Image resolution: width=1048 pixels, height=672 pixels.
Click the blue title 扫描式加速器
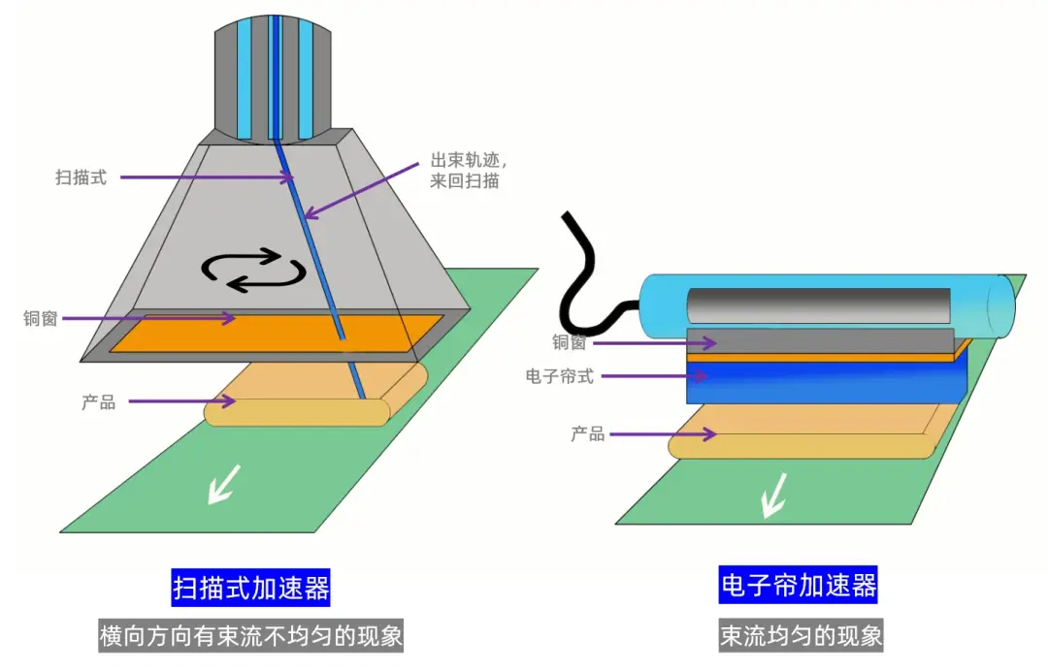pyautogui.click(x=250, y=588)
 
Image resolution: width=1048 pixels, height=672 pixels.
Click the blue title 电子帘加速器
pyautogui.click(x=798, y=585)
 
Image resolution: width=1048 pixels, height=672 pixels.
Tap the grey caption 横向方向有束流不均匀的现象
pyautogui.click(x=250, y=635)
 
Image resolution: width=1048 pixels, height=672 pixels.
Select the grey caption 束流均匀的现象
pyautogui.click(x=801, y=635)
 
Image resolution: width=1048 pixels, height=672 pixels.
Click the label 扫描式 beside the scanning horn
pyautogui.click(x=81, y=177)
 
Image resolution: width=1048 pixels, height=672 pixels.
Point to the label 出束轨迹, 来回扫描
pyautogui.click(x=469, y=171)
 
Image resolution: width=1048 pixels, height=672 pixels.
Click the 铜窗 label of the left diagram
pyautogui.click(x=41, y=319)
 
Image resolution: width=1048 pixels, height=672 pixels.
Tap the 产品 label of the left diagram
pyautogui.click(x=99, y=402)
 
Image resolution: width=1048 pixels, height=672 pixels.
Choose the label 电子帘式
pyautogui.click(x=560, y=377)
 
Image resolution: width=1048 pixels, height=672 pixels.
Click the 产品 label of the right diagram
pyautogui.click(x=587, y=434)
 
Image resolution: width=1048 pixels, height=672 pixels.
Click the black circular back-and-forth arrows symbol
pyautogui.click(x=253, y=270)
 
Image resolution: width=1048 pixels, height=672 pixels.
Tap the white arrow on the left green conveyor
pyautogui.click(x=224, y=484)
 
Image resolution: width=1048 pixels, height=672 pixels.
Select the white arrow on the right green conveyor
pyautogui.click(x=774, y=495)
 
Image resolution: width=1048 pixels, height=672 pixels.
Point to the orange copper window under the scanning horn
pyautogui.click(x=276, y=334)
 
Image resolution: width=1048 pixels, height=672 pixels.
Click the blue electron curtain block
pyautogui.click(x=827, y=382)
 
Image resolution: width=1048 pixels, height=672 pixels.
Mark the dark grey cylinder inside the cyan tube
pyautogui.click(x=819, y=306)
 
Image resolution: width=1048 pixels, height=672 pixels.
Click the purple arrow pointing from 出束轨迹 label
pyautogui.click(x=361, y=190)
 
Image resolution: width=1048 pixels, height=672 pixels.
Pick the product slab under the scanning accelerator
pyautogui.click(x=315, y=394)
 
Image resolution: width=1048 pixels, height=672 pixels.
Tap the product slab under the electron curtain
pyautogui.click(x=812, y=431)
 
